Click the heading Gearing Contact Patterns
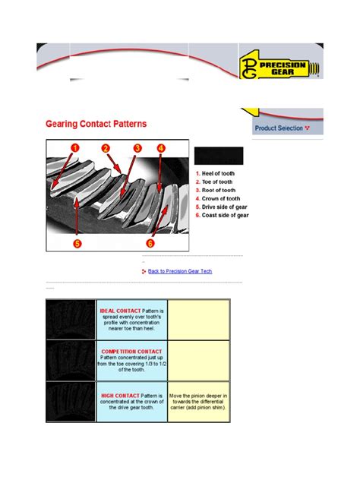[96, 122]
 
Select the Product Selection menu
[282, 128]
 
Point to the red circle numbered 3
[137, 148]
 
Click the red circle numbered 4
[161, 148]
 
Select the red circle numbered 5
[76, 243]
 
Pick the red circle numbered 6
[150, 243]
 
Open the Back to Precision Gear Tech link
[180, 270]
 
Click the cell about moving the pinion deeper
[198, 401]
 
